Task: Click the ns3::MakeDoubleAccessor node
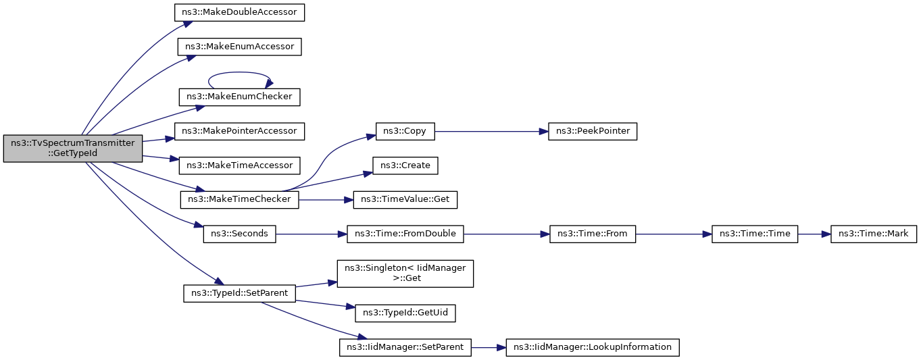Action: pos(239,12)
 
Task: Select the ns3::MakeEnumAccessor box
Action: pos(239,47)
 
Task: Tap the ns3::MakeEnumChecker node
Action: pos(239,97)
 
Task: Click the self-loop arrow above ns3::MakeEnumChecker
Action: pos(239,73)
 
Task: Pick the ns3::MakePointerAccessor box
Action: pos(239,132)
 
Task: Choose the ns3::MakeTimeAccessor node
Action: pos(239,165)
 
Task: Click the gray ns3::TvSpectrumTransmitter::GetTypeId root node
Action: pos(73,149)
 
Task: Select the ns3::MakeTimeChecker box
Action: pos(239,200)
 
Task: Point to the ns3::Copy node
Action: pos(405,132)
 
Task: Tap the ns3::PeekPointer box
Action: pos(593,132)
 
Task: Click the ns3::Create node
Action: pos(405,165)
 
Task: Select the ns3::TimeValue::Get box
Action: pos(405,200)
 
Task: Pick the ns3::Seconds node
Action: pos(239,234)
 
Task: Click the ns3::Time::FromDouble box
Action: pos(405,234)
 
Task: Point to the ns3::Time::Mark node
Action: pos(873,234)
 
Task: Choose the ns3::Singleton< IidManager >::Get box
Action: pos(405,274)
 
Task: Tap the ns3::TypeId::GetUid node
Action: pos(405,313)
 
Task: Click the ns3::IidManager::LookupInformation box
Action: pos(593,348)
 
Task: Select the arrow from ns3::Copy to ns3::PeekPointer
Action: pos(491,132)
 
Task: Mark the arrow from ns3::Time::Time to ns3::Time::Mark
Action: pos(814,234)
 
